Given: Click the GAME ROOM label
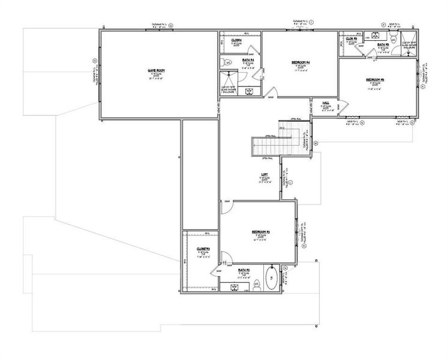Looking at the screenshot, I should pos(157,70).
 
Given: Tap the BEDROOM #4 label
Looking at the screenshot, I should pos(300,62).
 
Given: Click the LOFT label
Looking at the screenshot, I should pos(264,175).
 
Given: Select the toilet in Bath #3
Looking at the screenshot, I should pos(257,283).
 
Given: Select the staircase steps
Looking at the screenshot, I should pos(270,144).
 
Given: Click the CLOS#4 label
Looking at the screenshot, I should pos(236,41).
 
